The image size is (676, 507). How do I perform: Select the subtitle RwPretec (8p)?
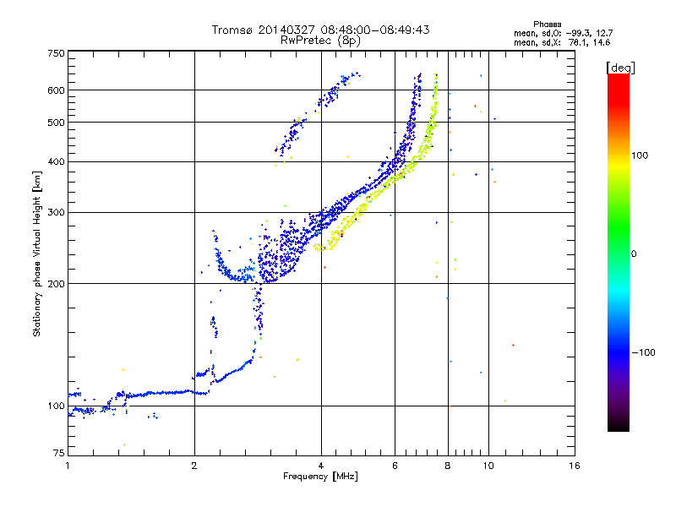pos(320,41)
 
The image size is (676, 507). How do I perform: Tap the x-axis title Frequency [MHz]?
pos(320,477)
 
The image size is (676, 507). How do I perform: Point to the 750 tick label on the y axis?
pos(57,53)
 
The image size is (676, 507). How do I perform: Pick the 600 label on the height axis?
pos(57,90)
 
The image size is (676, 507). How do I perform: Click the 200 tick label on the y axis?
pos(57,284)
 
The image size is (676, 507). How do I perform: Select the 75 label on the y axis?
pos(59,453)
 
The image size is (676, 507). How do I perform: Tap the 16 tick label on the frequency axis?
pos(575,466)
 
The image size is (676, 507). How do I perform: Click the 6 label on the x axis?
pos(395,466)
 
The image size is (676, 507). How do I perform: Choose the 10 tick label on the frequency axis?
pos(488,466)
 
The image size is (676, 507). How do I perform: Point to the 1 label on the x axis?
pos(68,466)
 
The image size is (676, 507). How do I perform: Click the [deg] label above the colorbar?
pos(620,68)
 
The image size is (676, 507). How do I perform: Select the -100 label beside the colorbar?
pos(643,352)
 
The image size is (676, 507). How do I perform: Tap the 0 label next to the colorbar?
pos(634,254)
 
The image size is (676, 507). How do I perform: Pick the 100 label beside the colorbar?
pos(640,155)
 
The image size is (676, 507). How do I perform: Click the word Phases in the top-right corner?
pos(548,25)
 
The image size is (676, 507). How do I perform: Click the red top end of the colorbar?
pos(619,75)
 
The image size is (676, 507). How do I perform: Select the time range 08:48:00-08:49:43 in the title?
pos(375,30)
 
